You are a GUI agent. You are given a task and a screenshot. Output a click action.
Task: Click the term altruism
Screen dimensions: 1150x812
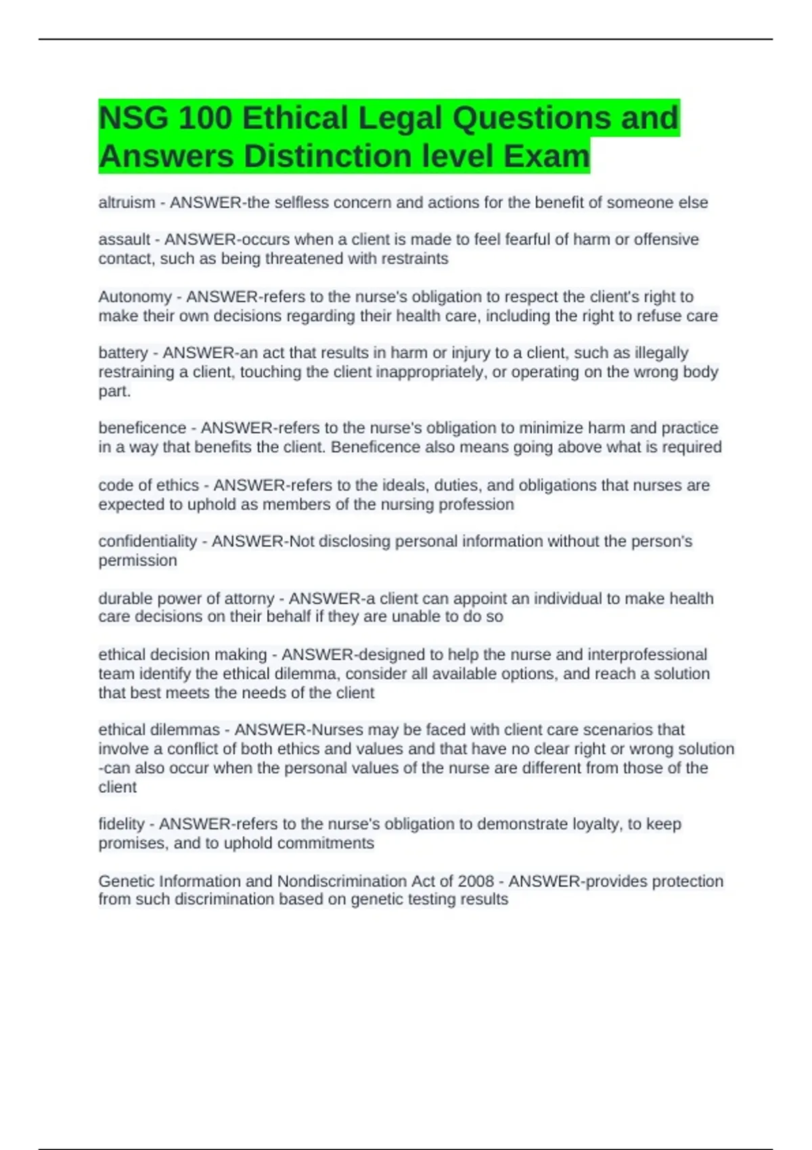tap(127, 202)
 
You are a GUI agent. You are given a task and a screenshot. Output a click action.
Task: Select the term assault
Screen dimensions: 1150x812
tap(124, 239)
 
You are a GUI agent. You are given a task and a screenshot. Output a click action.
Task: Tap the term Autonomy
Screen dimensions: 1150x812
tap(135, 297)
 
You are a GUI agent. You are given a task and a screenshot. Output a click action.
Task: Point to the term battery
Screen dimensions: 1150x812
tap(122, 353)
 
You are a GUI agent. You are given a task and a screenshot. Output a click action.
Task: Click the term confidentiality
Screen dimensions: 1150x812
tap(147, 541)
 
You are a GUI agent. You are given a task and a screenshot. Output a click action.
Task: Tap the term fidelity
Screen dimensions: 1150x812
tap(121, 824)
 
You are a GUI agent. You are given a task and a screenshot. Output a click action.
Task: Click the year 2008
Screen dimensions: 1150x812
tap(476, 881)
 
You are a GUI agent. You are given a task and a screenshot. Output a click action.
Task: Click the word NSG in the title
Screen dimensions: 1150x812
tap(133, 118)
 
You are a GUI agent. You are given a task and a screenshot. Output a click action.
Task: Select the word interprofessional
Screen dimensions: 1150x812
tap(647, 655)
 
